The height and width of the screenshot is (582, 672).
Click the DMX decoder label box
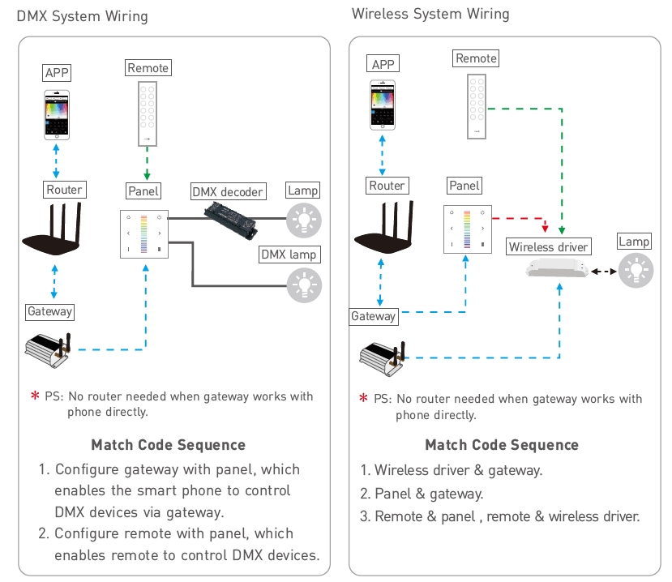tap(229, 191)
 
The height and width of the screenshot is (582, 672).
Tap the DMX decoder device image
tap(230, 220)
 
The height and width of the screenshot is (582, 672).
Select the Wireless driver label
tap(549, 247)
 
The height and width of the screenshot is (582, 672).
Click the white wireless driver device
tap(557, 269)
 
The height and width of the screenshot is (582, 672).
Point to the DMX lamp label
tap(289, 255)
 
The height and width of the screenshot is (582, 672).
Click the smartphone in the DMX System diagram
tap(57, 114)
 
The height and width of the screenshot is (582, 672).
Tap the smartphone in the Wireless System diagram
tap(383, 105)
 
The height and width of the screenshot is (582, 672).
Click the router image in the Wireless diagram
tap(384, 227)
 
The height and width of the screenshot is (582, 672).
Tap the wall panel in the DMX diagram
tap(144, 234)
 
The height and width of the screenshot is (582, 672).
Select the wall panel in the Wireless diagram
tap(468, 229)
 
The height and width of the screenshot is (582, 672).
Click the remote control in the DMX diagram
tap(148, 114)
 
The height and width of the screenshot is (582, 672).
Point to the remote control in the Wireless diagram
tap(477, 106)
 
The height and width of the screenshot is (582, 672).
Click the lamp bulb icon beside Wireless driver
tap(636, 271)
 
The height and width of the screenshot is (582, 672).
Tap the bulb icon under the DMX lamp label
tap(304, 285)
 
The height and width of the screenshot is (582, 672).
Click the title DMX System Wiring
tap(83, 16)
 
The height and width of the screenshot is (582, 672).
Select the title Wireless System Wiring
tap(430, 14)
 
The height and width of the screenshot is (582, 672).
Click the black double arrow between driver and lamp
tap(604, 271)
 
